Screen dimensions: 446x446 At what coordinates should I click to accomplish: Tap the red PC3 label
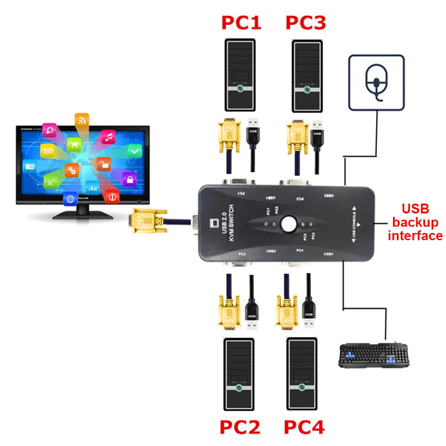click(306, 23)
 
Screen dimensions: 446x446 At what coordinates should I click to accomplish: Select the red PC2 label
click(240, 427)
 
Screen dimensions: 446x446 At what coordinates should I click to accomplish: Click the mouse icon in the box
click(376, 82)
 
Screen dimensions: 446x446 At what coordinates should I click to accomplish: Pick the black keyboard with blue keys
click(374, 355)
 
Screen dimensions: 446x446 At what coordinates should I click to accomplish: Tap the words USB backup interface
click(415, 222)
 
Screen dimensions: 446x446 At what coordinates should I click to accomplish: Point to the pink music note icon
click(108, 137)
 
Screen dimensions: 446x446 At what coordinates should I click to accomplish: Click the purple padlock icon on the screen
click(130, 180)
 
